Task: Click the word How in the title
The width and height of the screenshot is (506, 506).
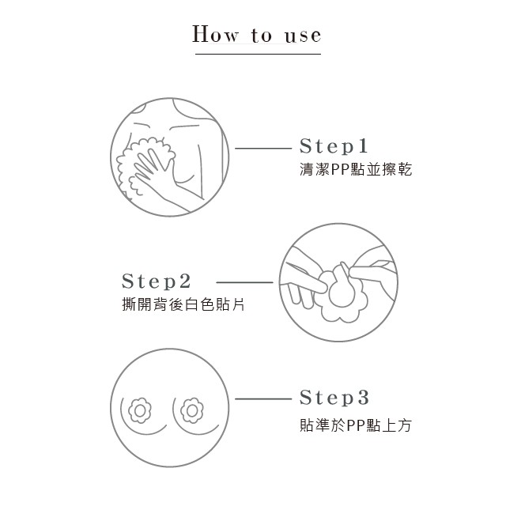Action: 216,34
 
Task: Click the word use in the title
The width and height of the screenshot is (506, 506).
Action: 303,36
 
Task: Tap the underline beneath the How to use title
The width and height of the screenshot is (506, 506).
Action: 258,54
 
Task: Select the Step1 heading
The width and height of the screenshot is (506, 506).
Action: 334,145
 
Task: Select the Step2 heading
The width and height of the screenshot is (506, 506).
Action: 157,281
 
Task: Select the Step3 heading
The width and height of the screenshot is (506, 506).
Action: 334,397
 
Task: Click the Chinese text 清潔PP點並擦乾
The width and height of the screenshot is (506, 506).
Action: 356,169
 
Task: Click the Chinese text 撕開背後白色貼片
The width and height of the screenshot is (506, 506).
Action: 183,304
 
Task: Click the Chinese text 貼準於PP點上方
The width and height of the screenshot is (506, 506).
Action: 356,425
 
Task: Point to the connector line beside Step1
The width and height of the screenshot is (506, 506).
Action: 263,149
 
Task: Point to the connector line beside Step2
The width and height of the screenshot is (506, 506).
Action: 244,282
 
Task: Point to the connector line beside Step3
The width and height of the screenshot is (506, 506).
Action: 263,399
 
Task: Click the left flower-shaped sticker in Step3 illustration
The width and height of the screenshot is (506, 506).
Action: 140,411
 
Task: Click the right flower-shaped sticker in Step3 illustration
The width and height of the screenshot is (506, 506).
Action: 192,411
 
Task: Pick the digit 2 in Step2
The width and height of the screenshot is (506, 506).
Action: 184,281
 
